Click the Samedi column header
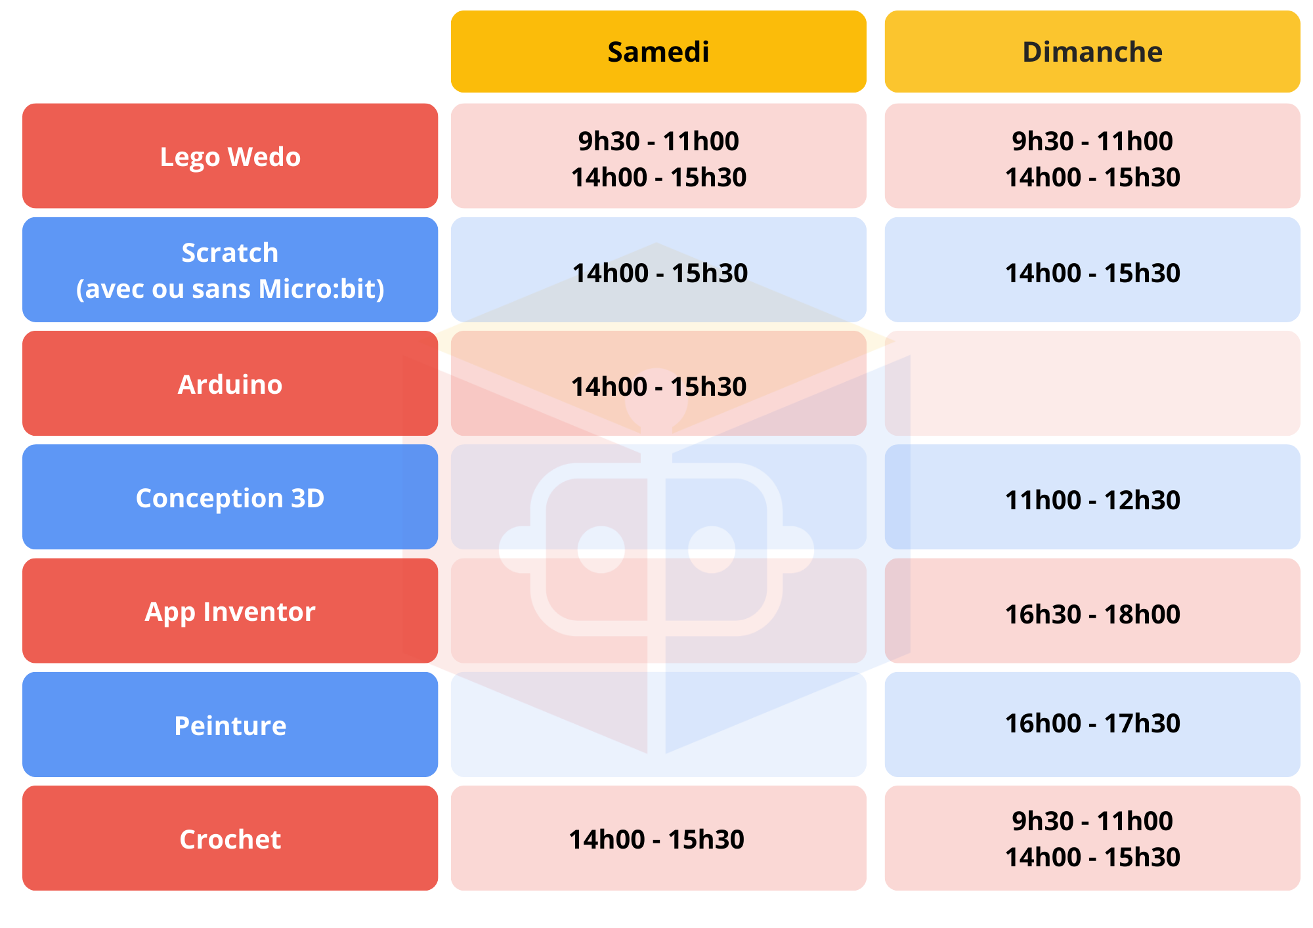point(658,52)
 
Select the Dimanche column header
point(1092,52)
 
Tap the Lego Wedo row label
point(230,156)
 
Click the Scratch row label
point(230,270)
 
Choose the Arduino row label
point(230,384)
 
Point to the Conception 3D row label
point(230,497)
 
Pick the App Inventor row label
point(230,611)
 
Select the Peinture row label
point(230,725)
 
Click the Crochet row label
point(230,839)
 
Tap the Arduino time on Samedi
point(658,387)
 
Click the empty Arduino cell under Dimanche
point(1092,384)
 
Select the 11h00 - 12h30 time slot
point(1092,500)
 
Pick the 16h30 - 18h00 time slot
point(1092,614)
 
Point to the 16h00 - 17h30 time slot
point(1092,723)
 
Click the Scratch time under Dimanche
point(1092,273)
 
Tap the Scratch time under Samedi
point(660,273)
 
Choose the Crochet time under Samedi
point(656,839)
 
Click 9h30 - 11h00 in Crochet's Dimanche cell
point(1092,821)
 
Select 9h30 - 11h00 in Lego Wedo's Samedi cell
point(658,141)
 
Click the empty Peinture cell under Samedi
point(658,725)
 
